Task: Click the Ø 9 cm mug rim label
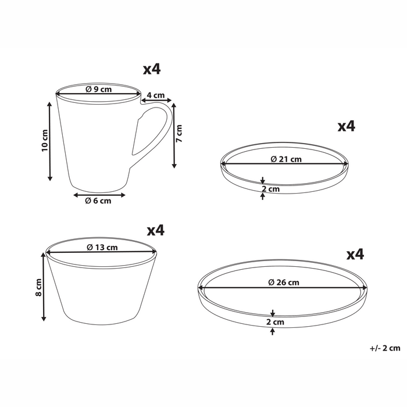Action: (99, 90)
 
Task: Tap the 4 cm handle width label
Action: (156, 95)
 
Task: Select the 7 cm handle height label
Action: (179, 133)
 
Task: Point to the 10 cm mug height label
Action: (45, 141)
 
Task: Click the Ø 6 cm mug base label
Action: (98, 201)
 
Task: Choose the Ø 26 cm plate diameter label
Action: (284, 282)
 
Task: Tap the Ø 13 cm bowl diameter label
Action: (102, 247)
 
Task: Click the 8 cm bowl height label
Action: (38, 287)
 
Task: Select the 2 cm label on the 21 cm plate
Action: (271, 189)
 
